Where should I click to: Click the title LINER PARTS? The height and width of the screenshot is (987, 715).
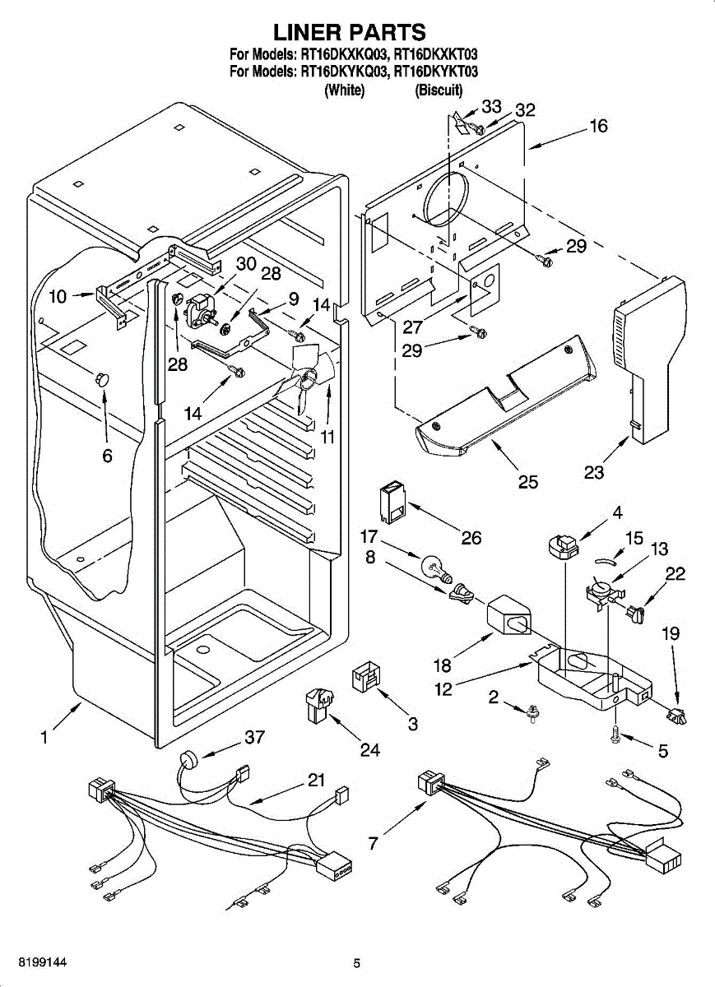point(350,32)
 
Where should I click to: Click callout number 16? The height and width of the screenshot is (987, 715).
point(598,126)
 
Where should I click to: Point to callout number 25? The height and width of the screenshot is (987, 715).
point(527,481)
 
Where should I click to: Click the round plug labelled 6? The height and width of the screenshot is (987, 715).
point(103,378)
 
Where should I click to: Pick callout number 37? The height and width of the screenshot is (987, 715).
point(255,738)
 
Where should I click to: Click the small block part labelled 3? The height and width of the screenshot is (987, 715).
point(364,679)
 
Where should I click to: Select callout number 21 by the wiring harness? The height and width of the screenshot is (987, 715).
point(317,781)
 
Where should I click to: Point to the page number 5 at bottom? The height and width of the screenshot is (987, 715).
point(356,963)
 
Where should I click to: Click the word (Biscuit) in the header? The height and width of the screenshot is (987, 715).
point(439,90)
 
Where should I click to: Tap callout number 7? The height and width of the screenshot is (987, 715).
point(374,844)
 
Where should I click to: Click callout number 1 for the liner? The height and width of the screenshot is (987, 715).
point(43,738)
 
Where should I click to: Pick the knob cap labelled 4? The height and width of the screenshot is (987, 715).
point(563,544)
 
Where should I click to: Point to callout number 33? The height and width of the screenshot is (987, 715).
point(491,106)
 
